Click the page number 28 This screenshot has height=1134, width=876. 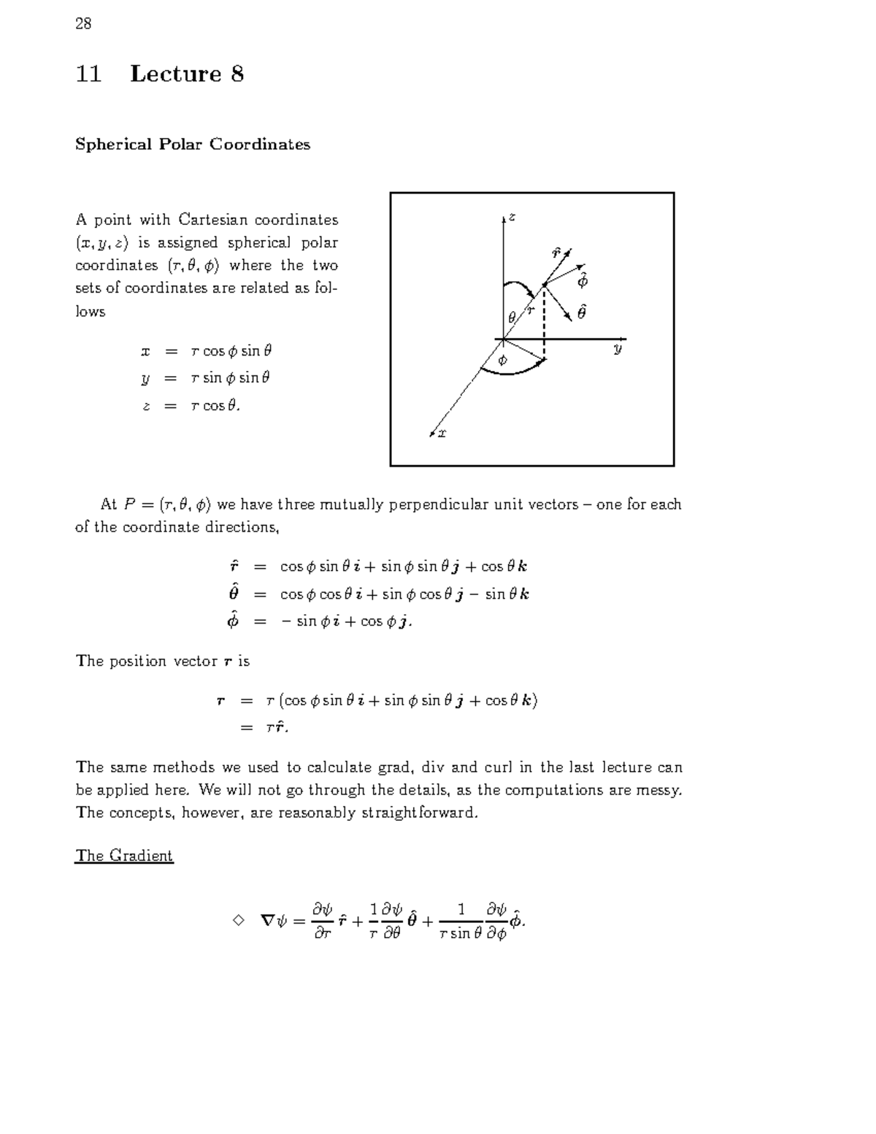pyautogui.click(x=83, y=23)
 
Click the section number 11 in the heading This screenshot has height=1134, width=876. pyautogui.click(x=88, y=74)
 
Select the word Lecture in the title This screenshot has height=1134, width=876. pyautogui.click(x=176, y=74)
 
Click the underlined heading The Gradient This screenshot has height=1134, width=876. pyautogui.click(x=124, y=856)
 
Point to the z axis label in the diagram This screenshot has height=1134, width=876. pyautogui.click(x=512, y=217)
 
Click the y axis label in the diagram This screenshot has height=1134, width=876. pyautogui.click(x=618, y=349)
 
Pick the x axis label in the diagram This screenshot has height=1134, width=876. pyautogui.click(x=442, y=433)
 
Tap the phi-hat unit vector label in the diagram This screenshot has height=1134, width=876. pyautogui.click(x=582, y=280)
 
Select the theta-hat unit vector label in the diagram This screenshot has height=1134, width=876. pyautogui.click(x=581, y=313)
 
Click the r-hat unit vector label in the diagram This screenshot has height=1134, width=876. pyautogui.click(x=556, y=253)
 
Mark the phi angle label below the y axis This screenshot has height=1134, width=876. pyautogui.click(x=502, y=360)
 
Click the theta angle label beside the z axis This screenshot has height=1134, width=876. pyautogui.click(x=512, y=317)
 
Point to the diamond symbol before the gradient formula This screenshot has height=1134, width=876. pyautogui.click(x=237, y=920)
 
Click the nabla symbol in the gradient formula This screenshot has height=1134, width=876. pyautogui.click(x=267, y=921)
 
